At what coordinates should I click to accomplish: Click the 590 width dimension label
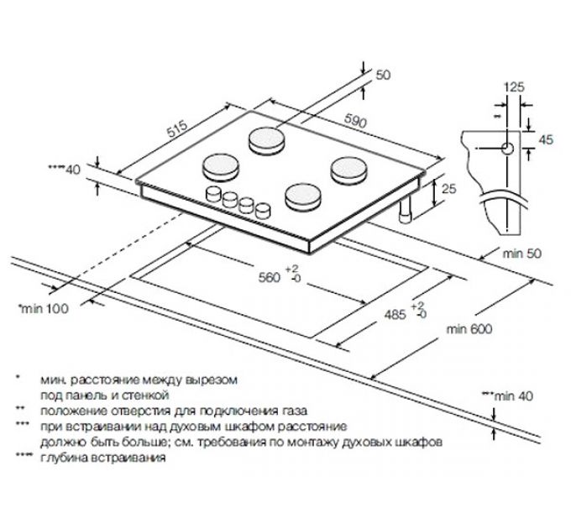(356, 123)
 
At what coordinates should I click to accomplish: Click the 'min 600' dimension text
(470, 330)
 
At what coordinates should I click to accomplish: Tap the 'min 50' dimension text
(526, 254)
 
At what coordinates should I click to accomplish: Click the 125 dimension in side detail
(514, 86)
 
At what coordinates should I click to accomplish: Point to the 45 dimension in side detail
(547, 139)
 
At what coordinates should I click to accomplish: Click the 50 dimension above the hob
(384, 76)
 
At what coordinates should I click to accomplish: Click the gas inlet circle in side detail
(508, 148)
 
